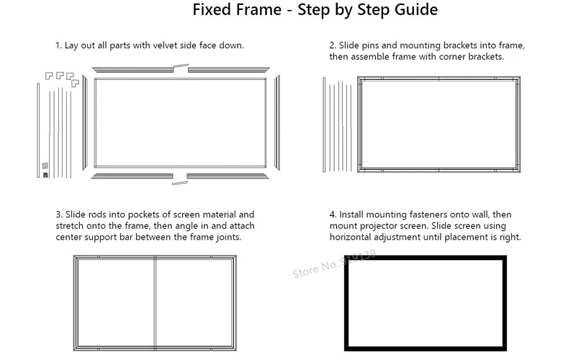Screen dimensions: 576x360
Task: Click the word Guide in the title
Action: tap(416, 9)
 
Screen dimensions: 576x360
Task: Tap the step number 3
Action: tap(59, 215)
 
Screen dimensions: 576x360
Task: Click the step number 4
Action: tap(333, 215)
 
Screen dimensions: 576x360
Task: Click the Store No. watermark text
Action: tap(334, 264)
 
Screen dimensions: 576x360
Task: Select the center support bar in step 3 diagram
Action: tap(155, 303)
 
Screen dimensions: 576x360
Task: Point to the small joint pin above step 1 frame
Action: tap(181, 66)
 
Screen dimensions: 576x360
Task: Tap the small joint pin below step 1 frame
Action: tap(179, 183)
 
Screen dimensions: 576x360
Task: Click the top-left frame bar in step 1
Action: tap(132, 70)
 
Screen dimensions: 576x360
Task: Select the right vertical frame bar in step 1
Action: tap(277, 122)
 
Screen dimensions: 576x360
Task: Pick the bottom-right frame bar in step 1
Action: tap(228, 176)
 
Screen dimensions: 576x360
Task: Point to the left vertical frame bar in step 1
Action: tap(84, 122)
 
